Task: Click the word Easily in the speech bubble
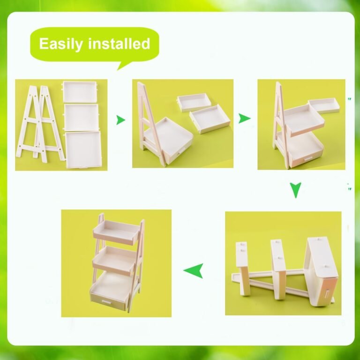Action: point(61,44)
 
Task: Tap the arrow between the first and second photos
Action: point(120,120)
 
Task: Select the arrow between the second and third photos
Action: point(244,119)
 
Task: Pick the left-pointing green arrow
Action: point(194,270)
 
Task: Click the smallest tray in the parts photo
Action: point(80,92)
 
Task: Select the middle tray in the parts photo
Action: point(81,118)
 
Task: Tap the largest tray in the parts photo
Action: point(83,150)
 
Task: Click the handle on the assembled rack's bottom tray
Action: point(106,302)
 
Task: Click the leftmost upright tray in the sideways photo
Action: point(242,268)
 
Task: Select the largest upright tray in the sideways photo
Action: point(321,272)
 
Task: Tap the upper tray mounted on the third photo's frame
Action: point(304,120)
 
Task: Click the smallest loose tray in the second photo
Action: point(194,102)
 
